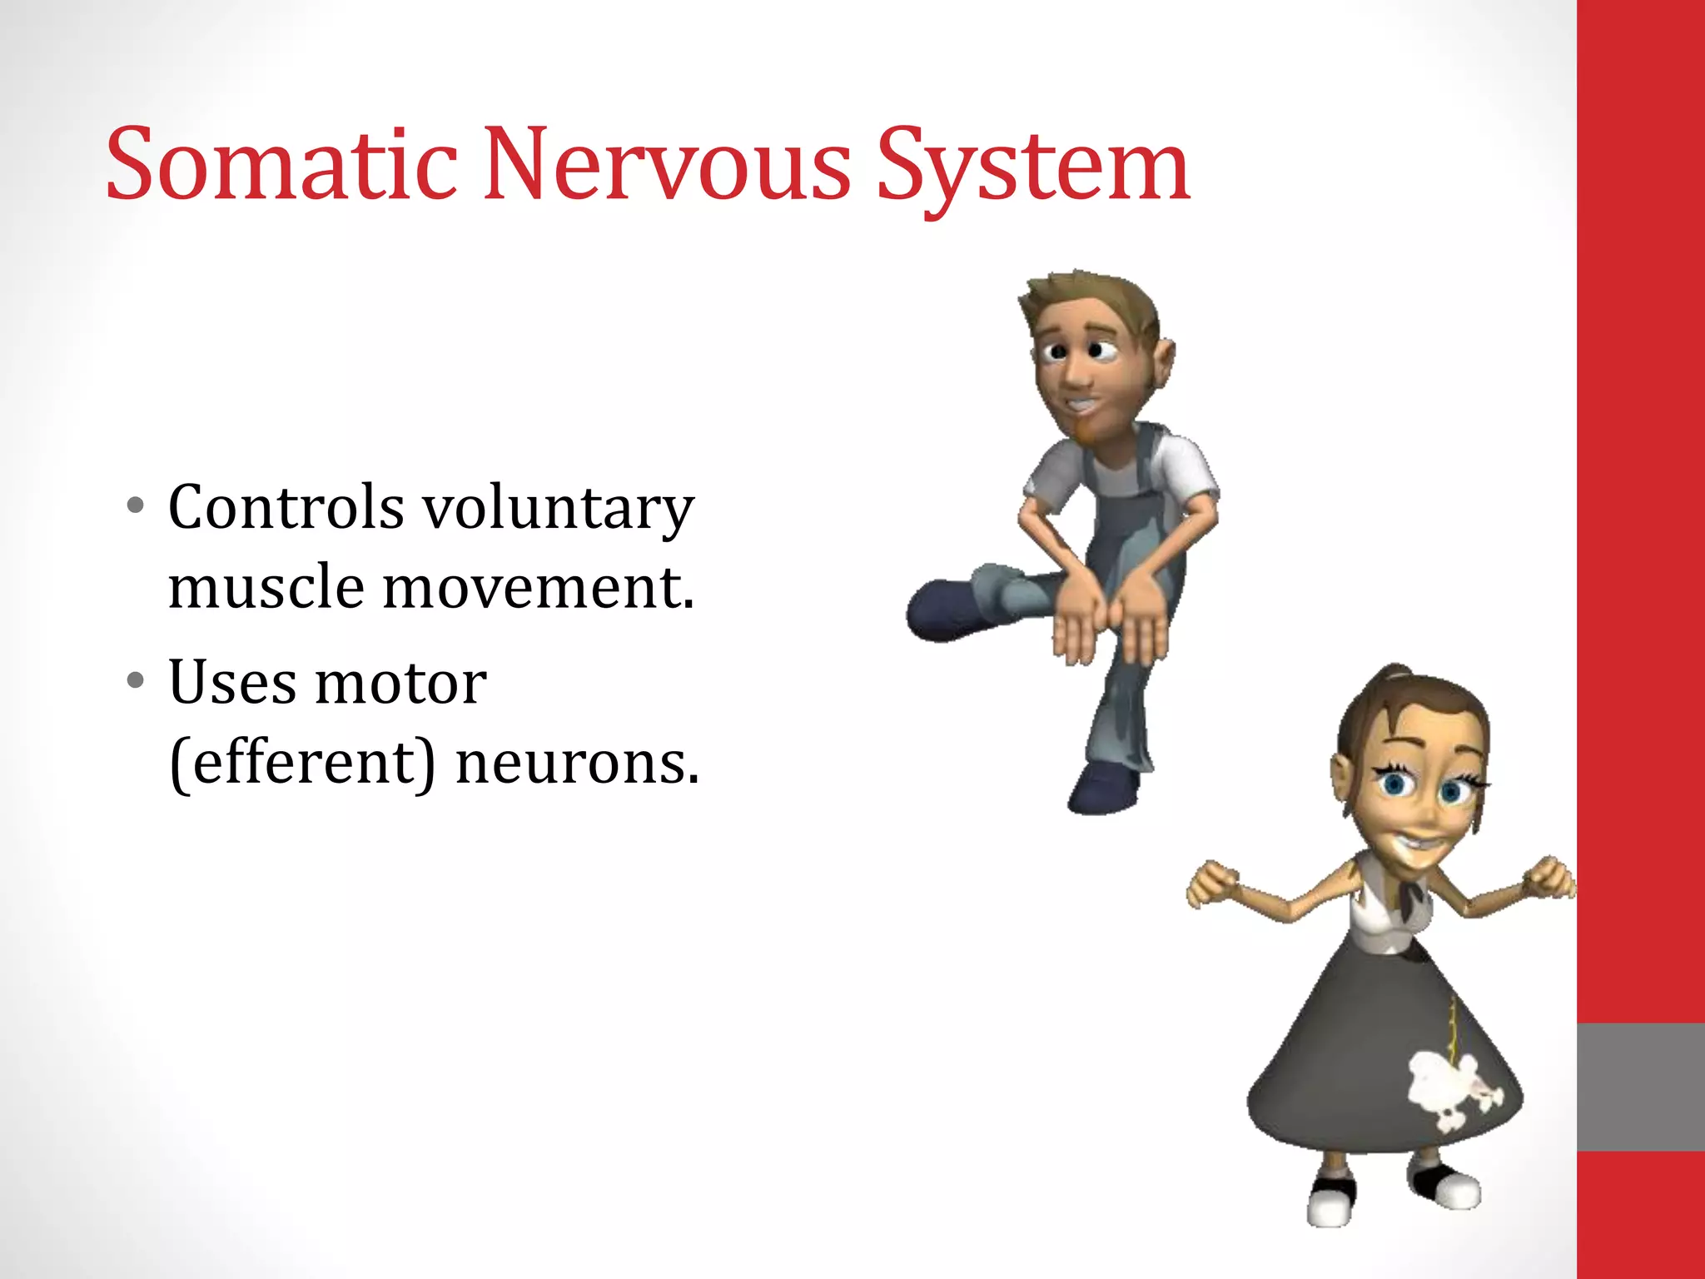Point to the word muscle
pyautogui.click(x=266, y=587)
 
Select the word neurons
pyautogui.click(x=577, y=764)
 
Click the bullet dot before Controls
pyautogui.click(x=136, y=505)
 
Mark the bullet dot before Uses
pyautogui.click(x=136, y=681)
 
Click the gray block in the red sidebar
pyautogui.click(x=1640, y=1087)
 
